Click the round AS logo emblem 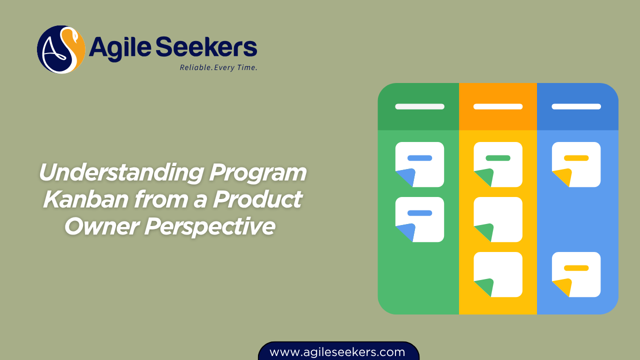tap(61, 49)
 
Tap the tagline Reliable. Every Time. tap(218, 67)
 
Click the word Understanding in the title tap(120, 173)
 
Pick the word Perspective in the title tap(210, 226)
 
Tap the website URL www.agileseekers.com tap(337, 352)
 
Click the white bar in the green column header tap(419, 106)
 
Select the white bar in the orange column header tap(498, 106)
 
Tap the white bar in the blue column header tap(576, 106)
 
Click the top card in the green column tap(419, 164)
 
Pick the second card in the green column tap(419, 219)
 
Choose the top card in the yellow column tap(498, 164)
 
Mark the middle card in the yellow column tap(498, 219)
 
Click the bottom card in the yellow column tap(498, 274)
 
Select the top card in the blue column tap(576, 164)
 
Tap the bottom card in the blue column tap(576, 274)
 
